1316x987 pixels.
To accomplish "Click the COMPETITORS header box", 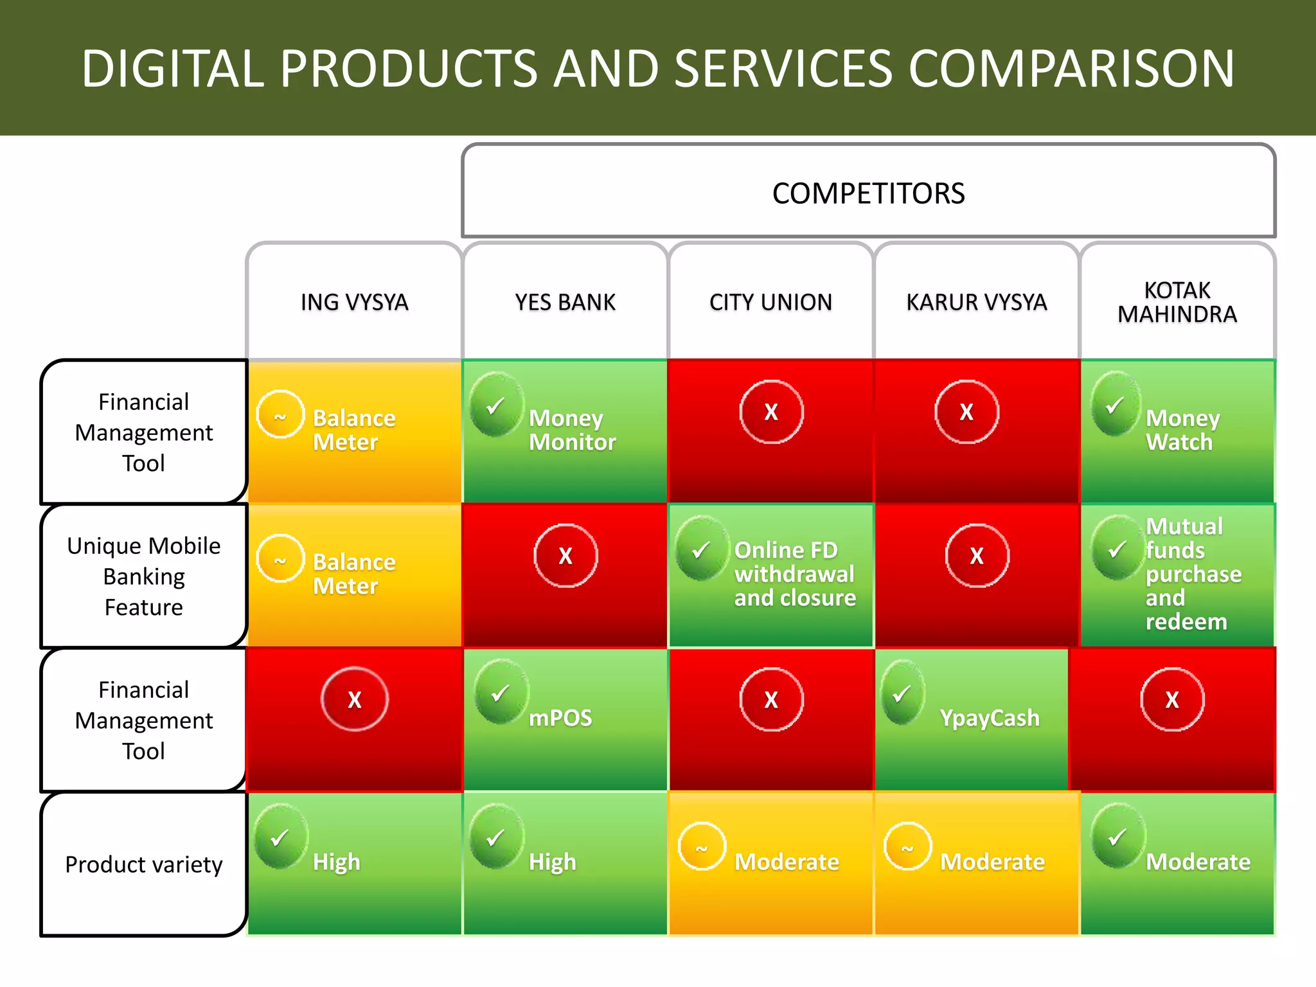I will click(x=868, y=191).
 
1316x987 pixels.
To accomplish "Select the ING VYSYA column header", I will click(x=354, y=302).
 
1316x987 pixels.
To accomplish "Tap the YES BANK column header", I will click(x=565, y=302).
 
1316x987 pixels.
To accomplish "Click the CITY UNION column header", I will click(x=770, y=302).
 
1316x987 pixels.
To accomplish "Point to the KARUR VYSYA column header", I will click(x=976, y=302).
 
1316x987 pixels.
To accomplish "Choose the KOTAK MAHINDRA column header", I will click(x=1177, y=302).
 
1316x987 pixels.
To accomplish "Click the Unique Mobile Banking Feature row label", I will click(x=144, y=576).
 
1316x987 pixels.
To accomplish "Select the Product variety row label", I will click(x=144, y=864).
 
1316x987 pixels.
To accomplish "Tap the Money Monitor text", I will click(x=572, y=430).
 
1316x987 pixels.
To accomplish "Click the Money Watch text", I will click(x=1182, y=430).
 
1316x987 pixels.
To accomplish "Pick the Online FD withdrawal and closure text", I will click(x=795, y=574).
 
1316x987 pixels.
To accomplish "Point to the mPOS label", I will click(x=560, y=718).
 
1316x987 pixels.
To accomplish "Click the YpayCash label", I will click(x=990, y=718).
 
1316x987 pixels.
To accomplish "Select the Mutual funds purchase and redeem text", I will click(x=1193, y=574).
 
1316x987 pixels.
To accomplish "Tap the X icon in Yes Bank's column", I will click(x=565, y=556).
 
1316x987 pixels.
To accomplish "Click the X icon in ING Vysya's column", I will click(x=355, y=700).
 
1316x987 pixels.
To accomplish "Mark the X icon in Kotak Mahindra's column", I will click(x=1172, y=700).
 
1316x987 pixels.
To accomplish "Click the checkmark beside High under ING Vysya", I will click(x=280, y=836).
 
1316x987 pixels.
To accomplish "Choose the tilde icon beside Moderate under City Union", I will click(x=702, y=847).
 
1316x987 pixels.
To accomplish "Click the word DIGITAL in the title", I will click(x=173, y=69).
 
